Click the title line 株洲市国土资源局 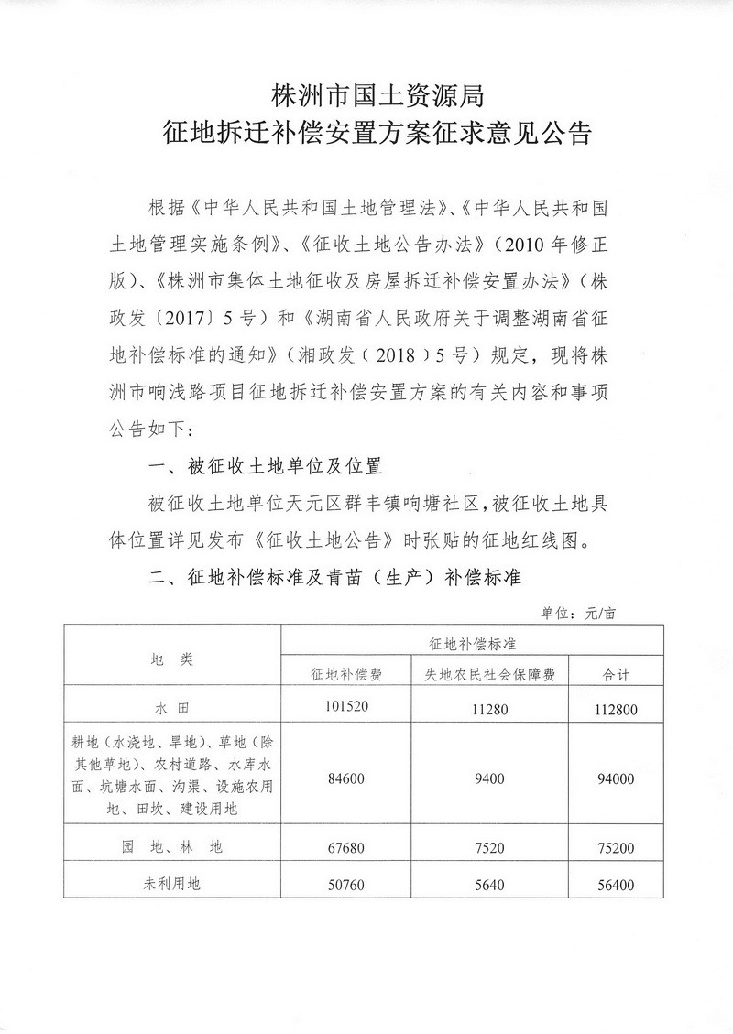366,94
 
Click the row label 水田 171,707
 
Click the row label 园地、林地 171,848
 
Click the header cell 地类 171,657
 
